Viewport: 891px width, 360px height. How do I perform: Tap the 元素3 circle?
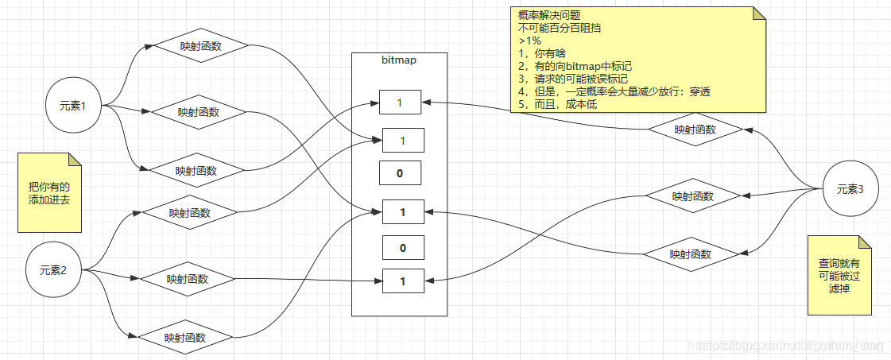pyautogui.click(x=850, y=189)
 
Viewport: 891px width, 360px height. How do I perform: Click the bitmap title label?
pyautogui.click(x=399, y=60)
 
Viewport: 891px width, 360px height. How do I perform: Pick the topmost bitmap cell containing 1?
pyautogui.click(x=400, y=103)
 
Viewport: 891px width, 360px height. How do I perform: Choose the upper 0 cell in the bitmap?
pyautogui.click(x=400, y=172)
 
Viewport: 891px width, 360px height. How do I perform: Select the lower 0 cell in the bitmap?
pyautogui.click(x=402, y=248)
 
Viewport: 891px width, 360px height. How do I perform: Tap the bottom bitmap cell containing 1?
pyautogui.click(x=402, y=281)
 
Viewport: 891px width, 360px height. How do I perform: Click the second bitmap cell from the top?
pyautogui.click(x=403, y=141)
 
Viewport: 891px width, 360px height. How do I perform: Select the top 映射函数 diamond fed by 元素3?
pyautogui.click(x=695, y=130)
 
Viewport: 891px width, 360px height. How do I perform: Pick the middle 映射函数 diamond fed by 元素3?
pyautogui.click(x=692, y=195)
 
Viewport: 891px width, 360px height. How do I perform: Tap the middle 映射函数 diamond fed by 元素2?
pyautogui.click(x=187, y=279)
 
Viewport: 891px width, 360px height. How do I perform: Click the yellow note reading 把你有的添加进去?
pyautogui.click(x=49, y=192)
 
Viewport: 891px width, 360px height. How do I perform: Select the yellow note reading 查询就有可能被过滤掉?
pyautogui.click(x=839, y=275)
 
